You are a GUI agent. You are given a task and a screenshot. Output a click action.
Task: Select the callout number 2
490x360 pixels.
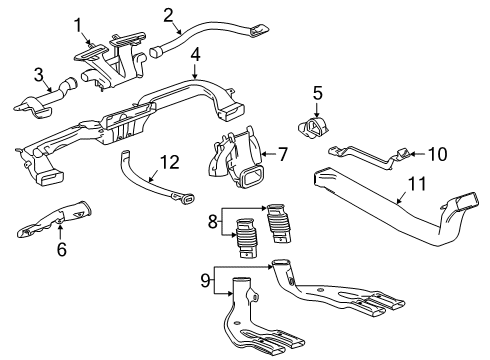pos(168,13)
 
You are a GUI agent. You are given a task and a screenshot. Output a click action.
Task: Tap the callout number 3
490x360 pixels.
pos(39,73)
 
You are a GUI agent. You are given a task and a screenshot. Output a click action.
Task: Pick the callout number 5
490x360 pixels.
pos(316,93)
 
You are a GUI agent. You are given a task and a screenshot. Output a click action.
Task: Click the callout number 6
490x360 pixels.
pos(62,251)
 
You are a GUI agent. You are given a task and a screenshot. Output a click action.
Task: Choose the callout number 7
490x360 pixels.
pos(282,155)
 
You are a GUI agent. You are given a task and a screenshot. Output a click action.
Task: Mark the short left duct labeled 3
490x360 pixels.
pos(40,100)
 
